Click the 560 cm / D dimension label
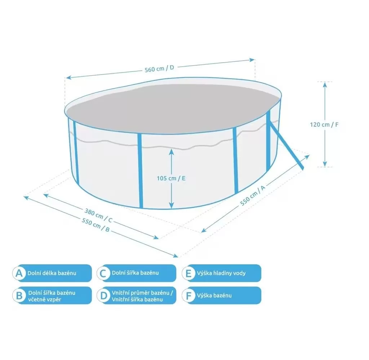click(x=159, y=68)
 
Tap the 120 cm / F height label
click(x=324, y=124)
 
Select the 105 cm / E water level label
click(x=171, y=178)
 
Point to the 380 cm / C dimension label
click(x=98, y=215)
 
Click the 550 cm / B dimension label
click(x=96, y=225)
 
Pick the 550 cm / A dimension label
click(x=253, y=195)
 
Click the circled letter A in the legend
click(x=19, y=273)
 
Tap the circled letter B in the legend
click(x=19, y=295)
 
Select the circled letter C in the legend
click(x=103, y=273)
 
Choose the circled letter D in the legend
click(x=103, y=295)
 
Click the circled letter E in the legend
click(x=188, y=273)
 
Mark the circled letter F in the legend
click(x=188, y=295)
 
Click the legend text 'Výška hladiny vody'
click(x=221, y=273)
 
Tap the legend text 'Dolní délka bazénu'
click(x=52, y=273)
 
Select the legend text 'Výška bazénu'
click(x=214, y=295)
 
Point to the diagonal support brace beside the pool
click(x=287, y=145)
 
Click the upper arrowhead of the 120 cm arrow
click(x=325, y=84)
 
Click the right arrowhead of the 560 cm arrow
click(x=252, y=60)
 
